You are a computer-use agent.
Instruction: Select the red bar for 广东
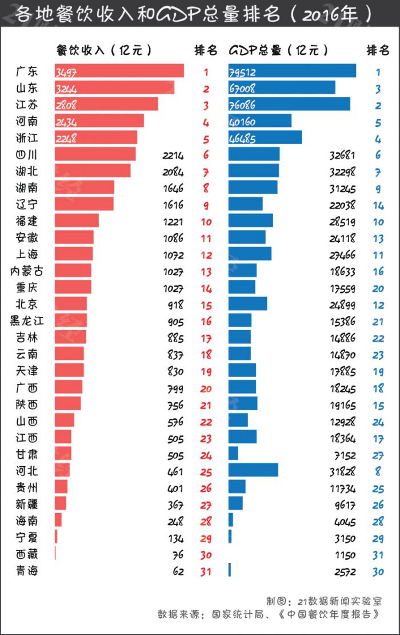(119, 71)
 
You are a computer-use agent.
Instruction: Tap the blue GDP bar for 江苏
(289, 104)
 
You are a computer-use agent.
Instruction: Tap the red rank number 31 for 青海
(206, 571)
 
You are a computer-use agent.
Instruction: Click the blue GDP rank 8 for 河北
(378, 471)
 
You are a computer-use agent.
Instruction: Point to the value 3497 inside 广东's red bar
(67, 72)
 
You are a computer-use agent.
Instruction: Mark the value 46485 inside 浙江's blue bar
(242, 138)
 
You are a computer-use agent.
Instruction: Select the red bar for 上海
(74, 253)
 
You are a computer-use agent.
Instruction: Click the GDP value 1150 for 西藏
(345, 554)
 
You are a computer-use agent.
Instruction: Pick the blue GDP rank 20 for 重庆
(378, 288)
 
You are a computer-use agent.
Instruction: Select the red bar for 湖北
(93, 170)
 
